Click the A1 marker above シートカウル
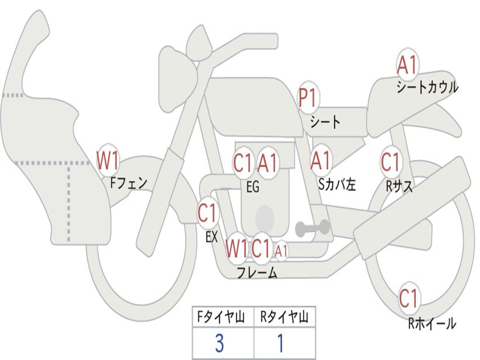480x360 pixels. tap(407, 65)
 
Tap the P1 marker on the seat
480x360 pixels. tap(308, 97)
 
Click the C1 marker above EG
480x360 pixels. tap(243, 163)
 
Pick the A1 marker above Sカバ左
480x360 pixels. tap(321, 160)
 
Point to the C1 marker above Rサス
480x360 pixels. tap(390, 161)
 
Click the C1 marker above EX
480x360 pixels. tap(208, 213)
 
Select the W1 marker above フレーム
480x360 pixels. tap(236, 248)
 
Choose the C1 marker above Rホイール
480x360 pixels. tap(409, 298)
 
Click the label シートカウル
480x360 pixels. tap(427, 87)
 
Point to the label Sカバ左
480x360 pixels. tap(337, 185)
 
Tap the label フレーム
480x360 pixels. tap(257, 272)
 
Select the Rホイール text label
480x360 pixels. tap(432, 323)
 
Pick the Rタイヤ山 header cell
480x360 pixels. tap(285, 317)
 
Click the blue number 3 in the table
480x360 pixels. tap(219, 343)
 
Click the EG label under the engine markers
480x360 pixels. tap(253, 187)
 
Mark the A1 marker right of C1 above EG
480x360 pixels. tap(268, 163)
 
